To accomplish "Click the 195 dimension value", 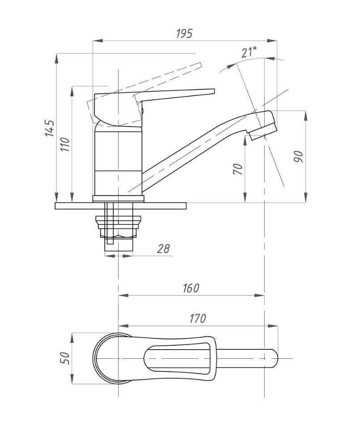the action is click(184, 34).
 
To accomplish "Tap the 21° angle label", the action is click(249, 52).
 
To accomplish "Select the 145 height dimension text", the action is click(50, 128).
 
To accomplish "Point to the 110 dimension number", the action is click(65, 144).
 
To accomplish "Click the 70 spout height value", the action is click(238, 169).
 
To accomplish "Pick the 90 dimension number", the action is click(298, 156).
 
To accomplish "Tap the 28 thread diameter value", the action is click(163, 249).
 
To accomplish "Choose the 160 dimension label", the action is click(191, 288).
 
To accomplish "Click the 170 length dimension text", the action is click(198, 318).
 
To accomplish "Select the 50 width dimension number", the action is click(65, 358).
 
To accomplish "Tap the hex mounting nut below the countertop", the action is click(118, 226).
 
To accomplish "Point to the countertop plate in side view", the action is click(121, 206).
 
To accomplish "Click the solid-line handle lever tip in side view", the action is click(213, 92).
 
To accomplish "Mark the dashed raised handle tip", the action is click(200, 65).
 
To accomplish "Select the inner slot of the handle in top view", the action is click(178, 359).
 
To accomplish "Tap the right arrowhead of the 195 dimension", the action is click(272, 41).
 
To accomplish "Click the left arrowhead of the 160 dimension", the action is click(123, 296).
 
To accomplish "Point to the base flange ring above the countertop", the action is click(119, 199).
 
